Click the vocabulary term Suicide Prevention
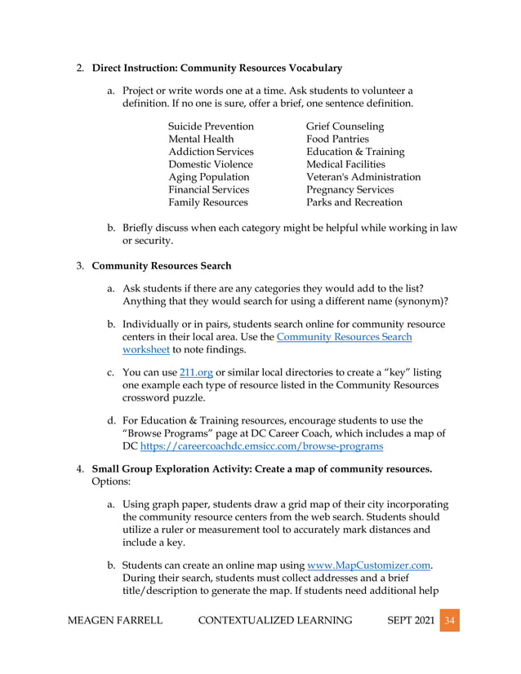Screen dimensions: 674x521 (211, 127)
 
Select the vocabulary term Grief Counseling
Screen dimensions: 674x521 (345, 127)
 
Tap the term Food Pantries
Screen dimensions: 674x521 (337, 140)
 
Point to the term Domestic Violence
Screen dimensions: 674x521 (210, 165)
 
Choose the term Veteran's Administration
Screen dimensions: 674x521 (363, 177)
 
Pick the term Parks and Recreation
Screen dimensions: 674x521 (354, 202)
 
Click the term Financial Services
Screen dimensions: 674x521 (208, 189)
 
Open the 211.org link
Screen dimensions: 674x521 (190, 373)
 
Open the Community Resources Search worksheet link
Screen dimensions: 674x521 (344, 336)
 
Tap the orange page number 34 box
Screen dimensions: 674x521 (448, 621)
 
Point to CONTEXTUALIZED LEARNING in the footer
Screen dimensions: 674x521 (275, 621)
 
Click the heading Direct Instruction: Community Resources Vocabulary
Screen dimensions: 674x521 (216, 67)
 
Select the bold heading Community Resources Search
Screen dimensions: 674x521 (162, 266)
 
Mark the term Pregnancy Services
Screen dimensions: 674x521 (351, 189)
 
